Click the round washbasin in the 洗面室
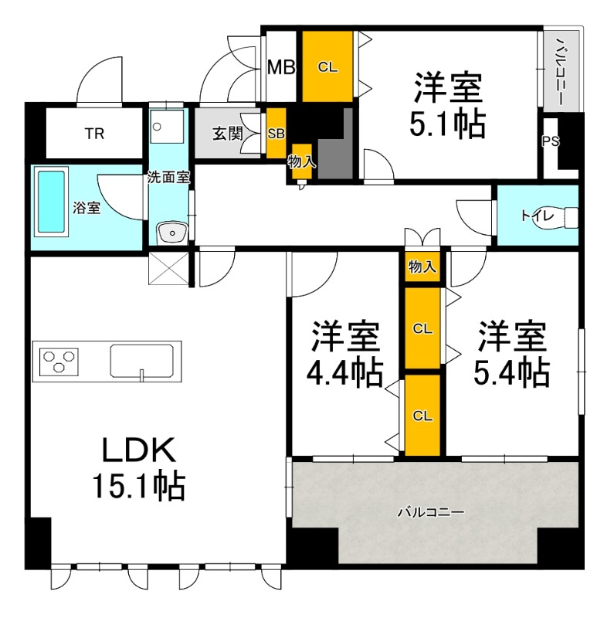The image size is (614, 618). point(170,230)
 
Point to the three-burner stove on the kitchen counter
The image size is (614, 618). point(59,359)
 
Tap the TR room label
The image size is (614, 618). point(93,134)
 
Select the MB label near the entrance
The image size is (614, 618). point(281,67)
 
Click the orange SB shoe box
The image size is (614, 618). point(276,134)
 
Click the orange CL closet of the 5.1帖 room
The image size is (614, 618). point(327,66)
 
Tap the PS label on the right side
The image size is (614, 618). point(550,141)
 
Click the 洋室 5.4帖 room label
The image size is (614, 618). point(512,355)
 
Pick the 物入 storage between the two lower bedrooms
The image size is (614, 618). point(422,267)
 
